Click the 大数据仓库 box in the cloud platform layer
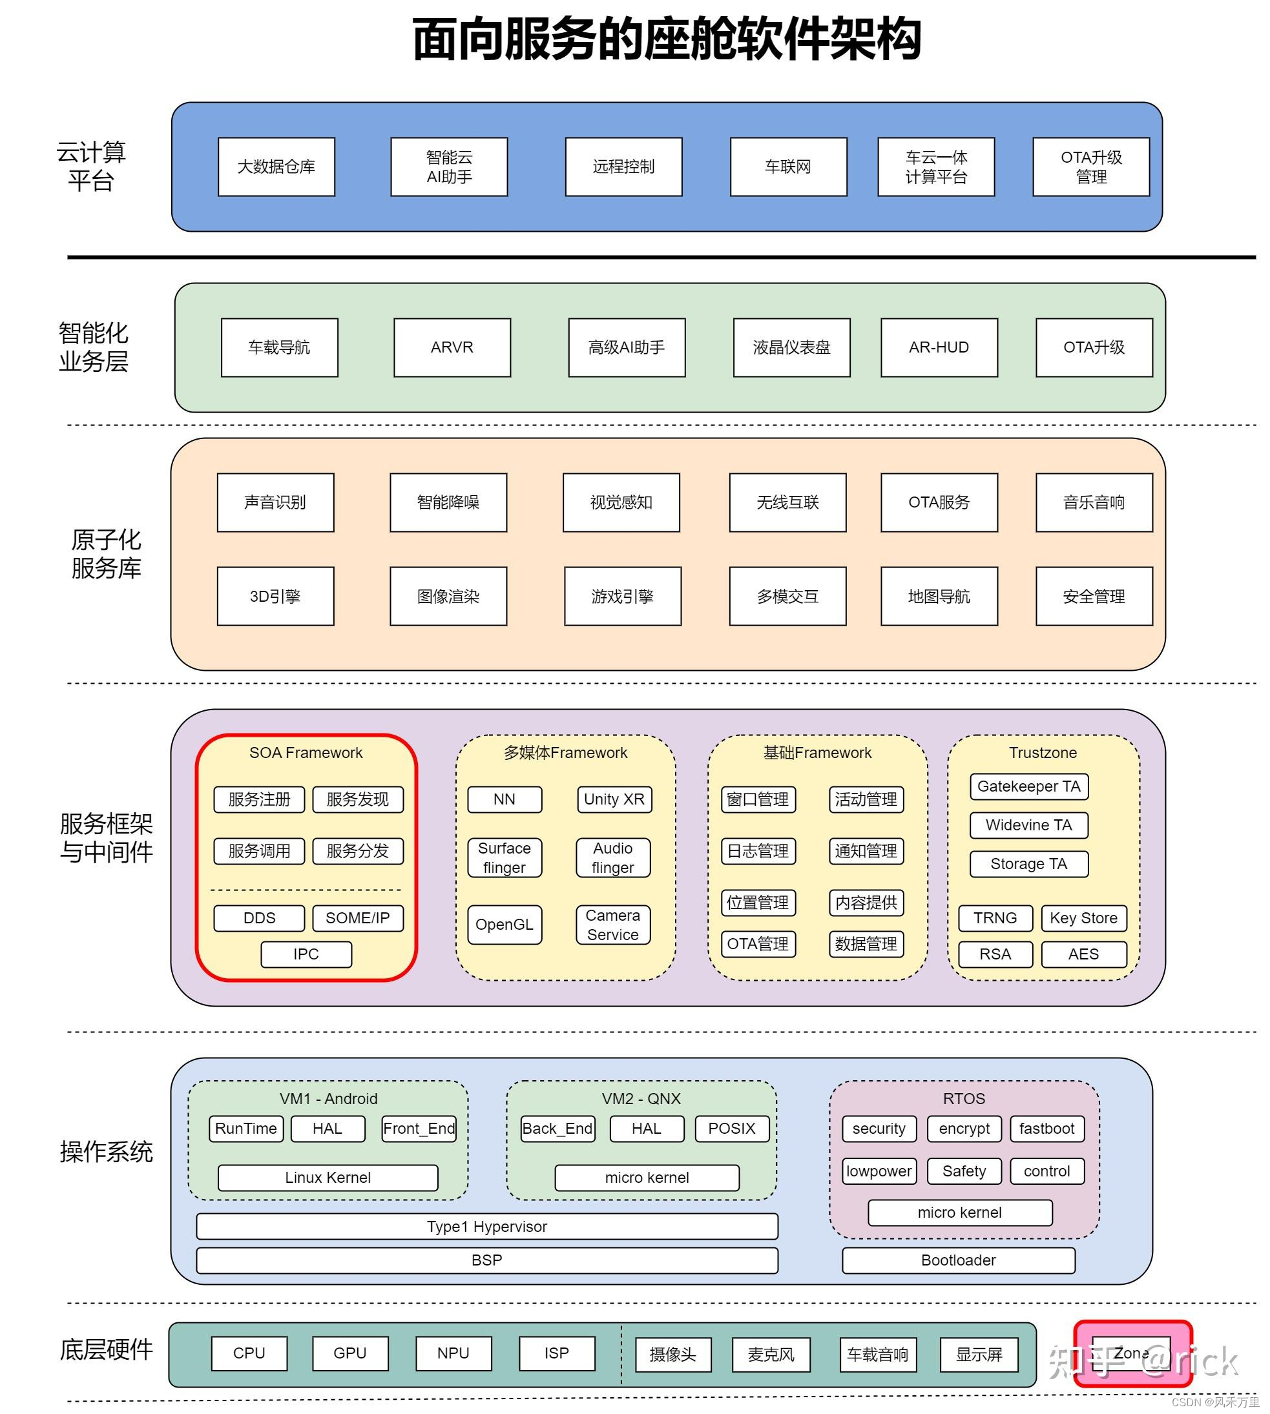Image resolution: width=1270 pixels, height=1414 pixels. [276, 167]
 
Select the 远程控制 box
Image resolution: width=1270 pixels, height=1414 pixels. [623, 167]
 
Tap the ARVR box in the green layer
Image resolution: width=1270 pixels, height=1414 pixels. [452, 347]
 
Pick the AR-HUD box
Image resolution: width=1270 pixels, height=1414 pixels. [939, 347]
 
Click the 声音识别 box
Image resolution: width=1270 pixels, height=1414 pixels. [276, 502]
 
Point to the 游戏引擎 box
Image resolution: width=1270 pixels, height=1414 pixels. [623, 596]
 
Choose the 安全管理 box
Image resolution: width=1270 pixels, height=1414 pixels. [1094, 596]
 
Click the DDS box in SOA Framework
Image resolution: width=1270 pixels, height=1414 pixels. [259, 918]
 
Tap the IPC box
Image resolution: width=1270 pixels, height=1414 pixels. [306, 954]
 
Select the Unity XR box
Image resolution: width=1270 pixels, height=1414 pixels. [615, 799]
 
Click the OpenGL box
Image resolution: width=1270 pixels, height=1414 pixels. [505, 925]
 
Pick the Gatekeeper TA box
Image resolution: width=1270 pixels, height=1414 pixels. [1029, 787]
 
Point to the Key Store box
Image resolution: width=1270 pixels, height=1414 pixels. [1084, 918]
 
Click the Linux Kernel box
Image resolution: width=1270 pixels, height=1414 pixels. [328, 1178]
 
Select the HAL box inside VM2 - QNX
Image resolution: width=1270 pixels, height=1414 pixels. [647, 1129]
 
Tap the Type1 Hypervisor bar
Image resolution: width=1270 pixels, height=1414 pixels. [487, 1226]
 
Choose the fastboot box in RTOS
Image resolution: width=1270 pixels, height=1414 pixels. [1047, 1129]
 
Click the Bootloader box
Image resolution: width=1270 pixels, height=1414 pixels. [959, 1260]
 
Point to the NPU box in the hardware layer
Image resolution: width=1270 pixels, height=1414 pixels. [453, 1353]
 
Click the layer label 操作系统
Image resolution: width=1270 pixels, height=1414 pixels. [106, 1152]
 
